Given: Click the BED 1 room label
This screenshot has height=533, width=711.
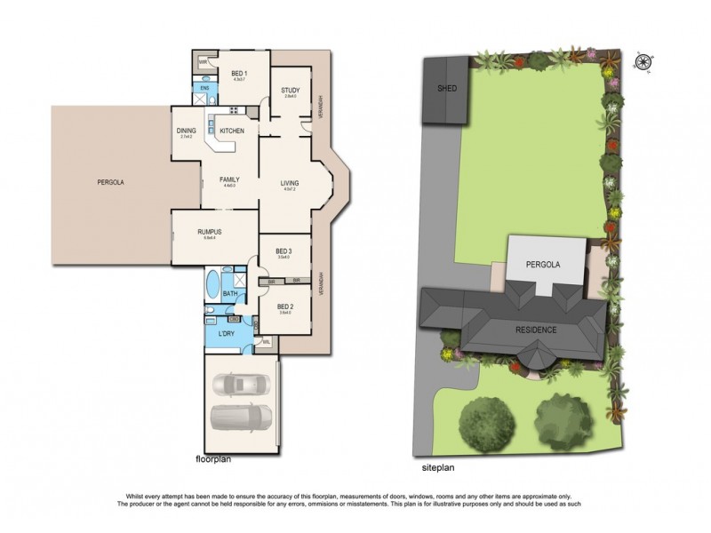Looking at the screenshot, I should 238,73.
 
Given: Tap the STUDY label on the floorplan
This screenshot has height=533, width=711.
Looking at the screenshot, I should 290,91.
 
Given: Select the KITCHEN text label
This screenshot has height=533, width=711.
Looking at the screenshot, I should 232,131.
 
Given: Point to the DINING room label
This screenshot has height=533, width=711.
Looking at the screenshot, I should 187,131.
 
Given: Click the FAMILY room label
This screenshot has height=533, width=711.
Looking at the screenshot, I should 230,179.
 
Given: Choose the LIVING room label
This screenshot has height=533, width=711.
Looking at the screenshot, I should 289,183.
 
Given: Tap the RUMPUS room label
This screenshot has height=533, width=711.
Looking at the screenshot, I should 209,232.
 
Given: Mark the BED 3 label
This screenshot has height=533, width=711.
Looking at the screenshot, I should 284,251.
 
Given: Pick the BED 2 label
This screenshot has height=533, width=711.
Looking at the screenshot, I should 284,306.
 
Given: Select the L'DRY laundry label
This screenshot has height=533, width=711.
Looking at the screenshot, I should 227,334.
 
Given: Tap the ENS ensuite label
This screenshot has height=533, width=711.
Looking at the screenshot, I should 204,88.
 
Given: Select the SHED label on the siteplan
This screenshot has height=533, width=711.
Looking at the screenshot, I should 446,90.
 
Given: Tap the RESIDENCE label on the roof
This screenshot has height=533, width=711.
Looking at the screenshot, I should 536,330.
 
